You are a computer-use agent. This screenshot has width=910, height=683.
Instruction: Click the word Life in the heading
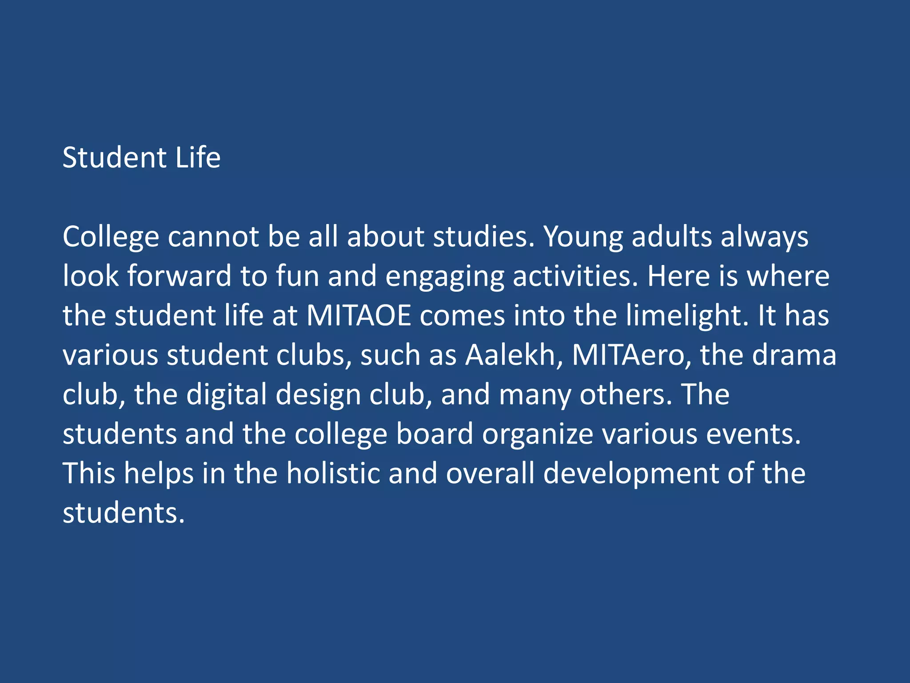pos(198,158)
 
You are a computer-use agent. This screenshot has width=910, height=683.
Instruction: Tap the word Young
pos(583,237)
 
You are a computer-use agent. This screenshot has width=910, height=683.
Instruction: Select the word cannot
pos(213,237)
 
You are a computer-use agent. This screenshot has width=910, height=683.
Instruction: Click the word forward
pos(180,276)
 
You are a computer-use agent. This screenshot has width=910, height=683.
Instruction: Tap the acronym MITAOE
pos(359,316)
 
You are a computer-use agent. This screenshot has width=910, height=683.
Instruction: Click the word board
pos(435,434)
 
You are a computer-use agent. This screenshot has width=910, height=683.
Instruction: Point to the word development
pos(631,474)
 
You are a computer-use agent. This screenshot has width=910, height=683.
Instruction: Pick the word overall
pos(490,473)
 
